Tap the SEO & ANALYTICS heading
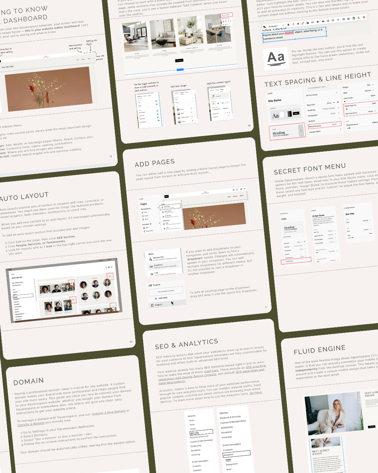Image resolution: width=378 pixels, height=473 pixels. pyautogui.click(x=186, y=344)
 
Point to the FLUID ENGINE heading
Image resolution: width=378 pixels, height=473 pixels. pyautogui.click(x=319, y=349)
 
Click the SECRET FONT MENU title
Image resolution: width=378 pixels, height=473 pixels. pyautogui.click(x=309, y=169)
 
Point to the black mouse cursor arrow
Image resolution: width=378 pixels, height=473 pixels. pyautogui.click(x=172, y=303)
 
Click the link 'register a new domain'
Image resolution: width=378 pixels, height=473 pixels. pyautogui.click(x=108, y=413)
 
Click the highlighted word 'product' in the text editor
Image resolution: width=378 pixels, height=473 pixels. pyautogui.click(x=289, y=33)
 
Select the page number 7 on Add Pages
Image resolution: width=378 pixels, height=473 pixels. pyautogui.click(x=266, y=307)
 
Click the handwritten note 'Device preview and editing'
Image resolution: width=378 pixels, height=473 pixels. pyautogui.click(x=75, y=47)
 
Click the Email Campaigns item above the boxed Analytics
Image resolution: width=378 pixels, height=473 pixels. pyautogui.click(x=231, y=445)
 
